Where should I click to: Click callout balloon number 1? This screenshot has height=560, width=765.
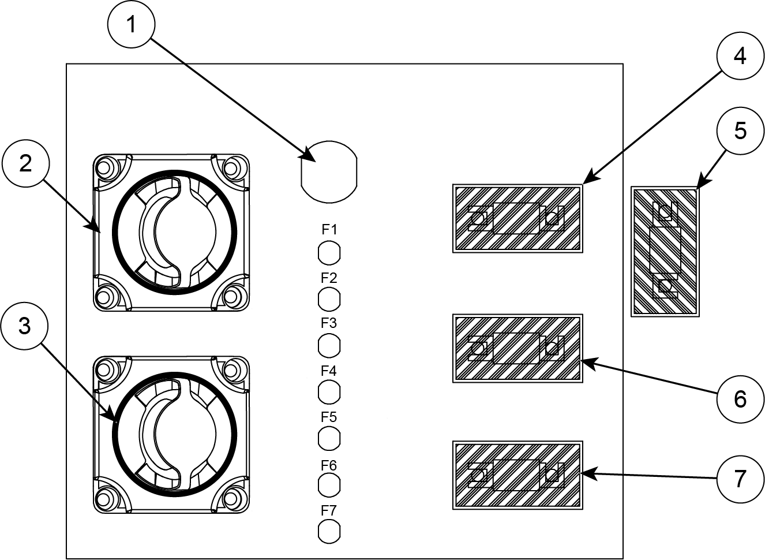(132, 25)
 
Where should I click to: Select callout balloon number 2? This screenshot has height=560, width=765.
(25, 165)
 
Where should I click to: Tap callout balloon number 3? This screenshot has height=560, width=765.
(24, 327)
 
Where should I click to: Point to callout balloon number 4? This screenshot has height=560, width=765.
(740, 57)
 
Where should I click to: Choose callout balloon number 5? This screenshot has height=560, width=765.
(740, 131)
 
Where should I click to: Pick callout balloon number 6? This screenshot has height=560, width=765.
(740, 398)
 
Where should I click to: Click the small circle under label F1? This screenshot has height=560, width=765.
(329, 253)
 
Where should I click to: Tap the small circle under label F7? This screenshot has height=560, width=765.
(329, 531)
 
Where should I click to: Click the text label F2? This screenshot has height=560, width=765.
(329, 277)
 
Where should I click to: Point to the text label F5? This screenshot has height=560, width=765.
(329, 417)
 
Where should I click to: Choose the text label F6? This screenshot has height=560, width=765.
(329, 465)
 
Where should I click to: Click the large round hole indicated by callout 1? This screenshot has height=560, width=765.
(329, 171)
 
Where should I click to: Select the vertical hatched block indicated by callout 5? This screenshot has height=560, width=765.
(665, 251)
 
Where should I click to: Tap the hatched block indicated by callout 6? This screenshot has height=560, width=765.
(517, 348)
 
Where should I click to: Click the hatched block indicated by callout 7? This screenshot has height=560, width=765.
(517, 475)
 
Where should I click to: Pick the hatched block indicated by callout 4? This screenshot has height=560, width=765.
(517, 218)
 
